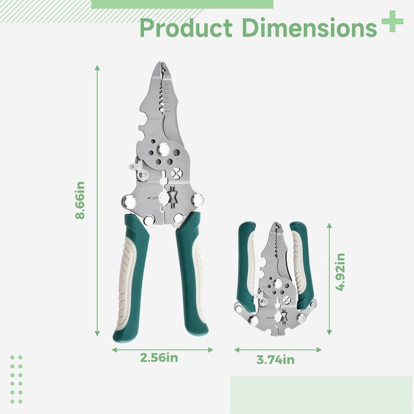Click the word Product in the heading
coord(186,27)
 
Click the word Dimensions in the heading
coord(309,27)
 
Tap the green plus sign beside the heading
coord(392,21)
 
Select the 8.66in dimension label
coord(80,200)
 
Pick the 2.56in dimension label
coord(159,358)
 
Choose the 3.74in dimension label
coord(275,360)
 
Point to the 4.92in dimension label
coord(340,272)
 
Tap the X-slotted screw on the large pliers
coord(177,173)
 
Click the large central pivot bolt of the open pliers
coord(164,149)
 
